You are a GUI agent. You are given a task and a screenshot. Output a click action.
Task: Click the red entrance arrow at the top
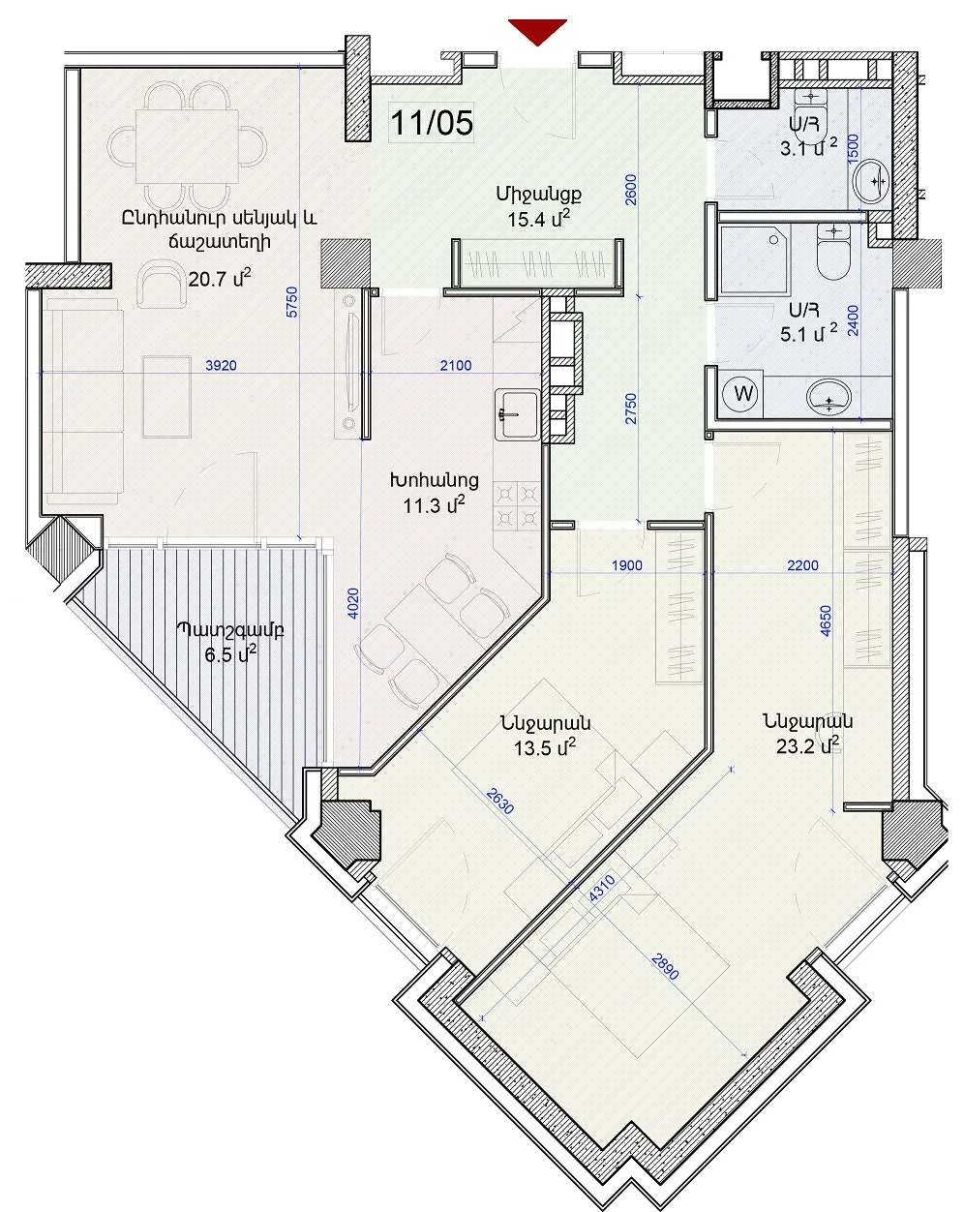(x=537, y=32)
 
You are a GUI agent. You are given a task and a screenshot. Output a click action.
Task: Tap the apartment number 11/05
(x=432, y=122)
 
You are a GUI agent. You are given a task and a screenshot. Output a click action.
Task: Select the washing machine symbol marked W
(x=743, y=394)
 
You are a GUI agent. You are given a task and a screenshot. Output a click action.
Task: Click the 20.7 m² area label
(x=220, y=278)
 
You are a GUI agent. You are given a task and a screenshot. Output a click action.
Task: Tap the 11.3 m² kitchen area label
(x=434, y=505)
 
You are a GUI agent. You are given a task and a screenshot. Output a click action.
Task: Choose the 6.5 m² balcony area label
(x=230, y=654)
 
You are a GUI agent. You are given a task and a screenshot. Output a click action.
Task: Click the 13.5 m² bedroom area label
(x=545, y=747)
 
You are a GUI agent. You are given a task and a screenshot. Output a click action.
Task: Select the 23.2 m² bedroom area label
(x=807, y=745)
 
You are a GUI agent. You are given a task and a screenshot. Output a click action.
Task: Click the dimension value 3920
(x=221, y=366)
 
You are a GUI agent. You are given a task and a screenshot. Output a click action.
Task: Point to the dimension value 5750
(x=291, y=302)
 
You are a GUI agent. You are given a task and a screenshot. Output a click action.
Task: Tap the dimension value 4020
(x=352, y=604)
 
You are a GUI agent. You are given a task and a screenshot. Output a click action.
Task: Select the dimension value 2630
(x=500, y=802)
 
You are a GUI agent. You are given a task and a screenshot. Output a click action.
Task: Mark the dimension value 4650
(x=825, y=621)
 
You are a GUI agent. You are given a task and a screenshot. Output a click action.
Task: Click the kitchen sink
(x=517, y=414)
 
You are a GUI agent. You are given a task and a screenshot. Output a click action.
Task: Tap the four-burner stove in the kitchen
(x=516, y=505)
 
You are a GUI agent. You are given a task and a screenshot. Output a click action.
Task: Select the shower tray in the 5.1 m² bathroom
(x=755, y=259)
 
